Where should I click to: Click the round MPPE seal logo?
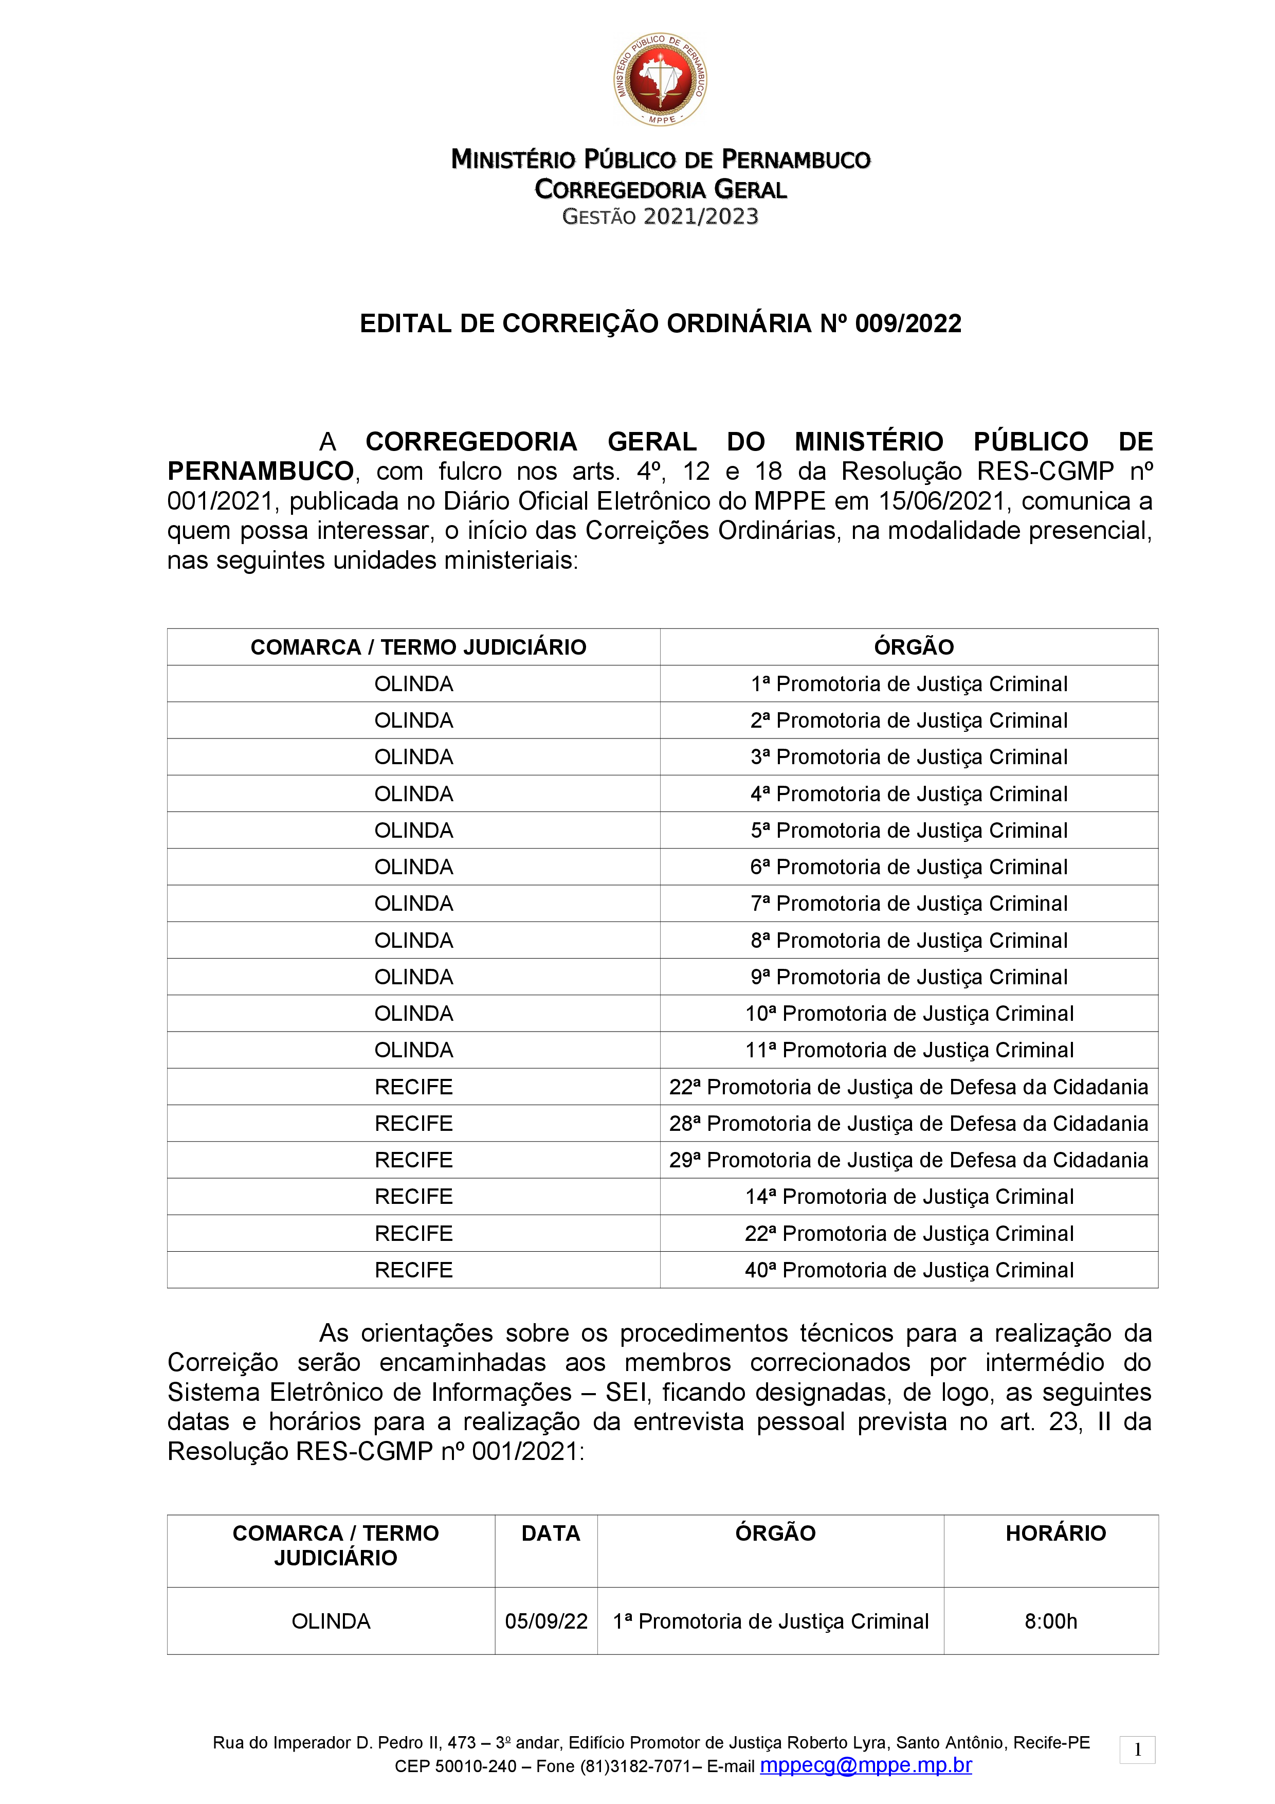660,79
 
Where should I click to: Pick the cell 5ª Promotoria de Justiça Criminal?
909,831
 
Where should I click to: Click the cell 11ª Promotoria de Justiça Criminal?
909,1051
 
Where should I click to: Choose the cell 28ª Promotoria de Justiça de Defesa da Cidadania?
909,1124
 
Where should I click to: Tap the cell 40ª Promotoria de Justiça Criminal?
909,1271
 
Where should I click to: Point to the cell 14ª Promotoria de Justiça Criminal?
909,1197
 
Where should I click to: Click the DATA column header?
551,1533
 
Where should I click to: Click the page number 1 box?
1137,1750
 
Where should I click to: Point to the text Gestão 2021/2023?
660,217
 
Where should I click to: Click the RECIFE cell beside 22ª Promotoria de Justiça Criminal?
413,1234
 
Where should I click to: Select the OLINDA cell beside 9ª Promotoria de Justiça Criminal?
413,978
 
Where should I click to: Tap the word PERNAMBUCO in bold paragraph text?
260,472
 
